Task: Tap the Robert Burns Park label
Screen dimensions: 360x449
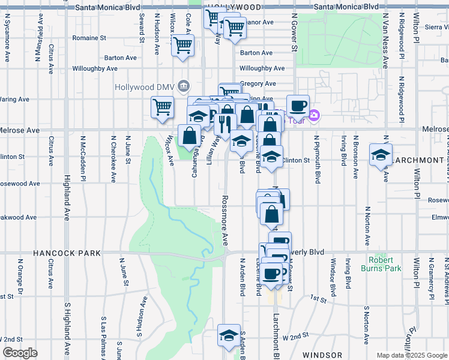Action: tap(385, 265)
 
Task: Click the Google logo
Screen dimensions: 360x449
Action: tap(20, 353)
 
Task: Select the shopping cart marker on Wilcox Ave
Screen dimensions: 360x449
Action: tap(162, 107)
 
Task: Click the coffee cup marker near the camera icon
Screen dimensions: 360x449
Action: tap(298, 106)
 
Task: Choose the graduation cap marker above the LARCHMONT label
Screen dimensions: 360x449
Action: tap(381, 155)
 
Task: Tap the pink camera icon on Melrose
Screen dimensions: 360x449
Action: tap(313, 115)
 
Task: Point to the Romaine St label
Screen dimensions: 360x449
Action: tap(89, 37)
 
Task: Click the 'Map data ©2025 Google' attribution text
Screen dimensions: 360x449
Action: tap(411, 355)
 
